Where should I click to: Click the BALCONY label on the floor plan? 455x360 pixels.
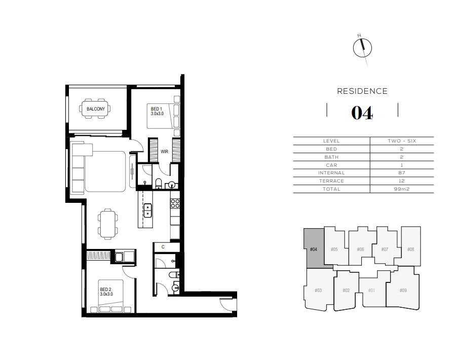pyautogui.click(x=96, y=109)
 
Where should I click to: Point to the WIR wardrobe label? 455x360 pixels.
pyautogui.click(x=164, y=151)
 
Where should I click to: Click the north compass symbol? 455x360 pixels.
pyautogui.click(x=362, y=48)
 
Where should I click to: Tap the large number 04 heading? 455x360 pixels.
pyautogui.click(x=362, y=113)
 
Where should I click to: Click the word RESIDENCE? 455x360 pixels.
pyautogui.click(x=362, y=91)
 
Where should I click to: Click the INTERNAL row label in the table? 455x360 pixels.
pyautogui.click(x=331, y=173)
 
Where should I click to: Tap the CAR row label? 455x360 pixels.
pyautogui.click(x=331, y=165)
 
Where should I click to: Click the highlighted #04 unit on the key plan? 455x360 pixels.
pyautogui.click(x=313, y=249)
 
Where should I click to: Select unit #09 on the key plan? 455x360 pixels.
pyautogui.click(x=403, y=290)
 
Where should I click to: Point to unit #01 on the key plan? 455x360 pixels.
pyautogui.click(x=371, y=291)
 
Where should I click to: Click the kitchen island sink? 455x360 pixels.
pyautogui.click(x=147, y=210)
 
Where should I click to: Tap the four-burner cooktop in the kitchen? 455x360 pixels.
pyautogui.click(x=175, y=204)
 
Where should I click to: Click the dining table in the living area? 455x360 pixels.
pyautogui.click(x=107, y=224)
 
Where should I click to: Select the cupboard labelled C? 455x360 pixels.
pyautogui.click(x=163, y=247)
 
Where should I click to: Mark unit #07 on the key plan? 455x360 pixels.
pyautogui.click(x=385, y=249)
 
